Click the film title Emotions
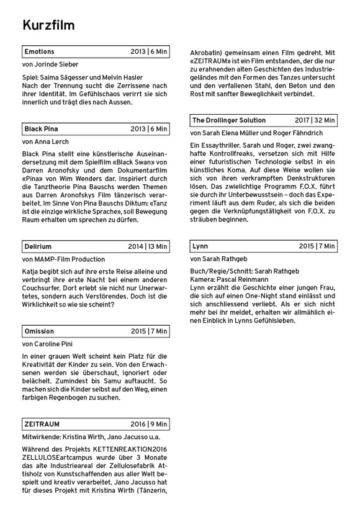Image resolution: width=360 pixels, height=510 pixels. click(39, 51)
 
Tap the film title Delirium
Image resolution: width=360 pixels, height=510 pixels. click(38, 246)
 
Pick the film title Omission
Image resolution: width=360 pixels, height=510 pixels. click(39, 331)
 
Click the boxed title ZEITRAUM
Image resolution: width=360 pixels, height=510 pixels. click(42, 424)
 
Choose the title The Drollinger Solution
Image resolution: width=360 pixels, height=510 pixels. click(228, 120)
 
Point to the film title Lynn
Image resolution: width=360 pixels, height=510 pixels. click(200, 246)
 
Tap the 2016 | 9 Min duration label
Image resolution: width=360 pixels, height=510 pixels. click(149, 424)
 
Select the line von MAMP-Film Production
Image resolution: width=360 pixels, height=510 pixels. click(63, 259)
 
